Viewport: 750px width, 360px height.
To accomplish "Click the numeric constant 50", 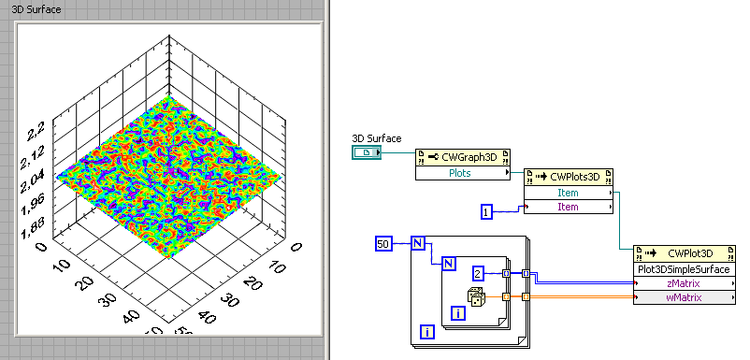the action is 383,244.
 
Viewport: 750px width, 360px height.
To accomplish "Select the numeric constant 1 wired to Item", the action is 486,212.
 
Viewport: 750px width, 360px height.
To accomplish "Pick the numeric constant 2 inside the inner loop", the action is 477,273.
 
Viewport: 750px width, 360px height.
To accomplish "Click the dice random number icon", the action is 477,297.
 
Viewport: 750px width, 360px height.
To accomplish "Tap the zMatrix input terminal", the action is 684,283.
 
